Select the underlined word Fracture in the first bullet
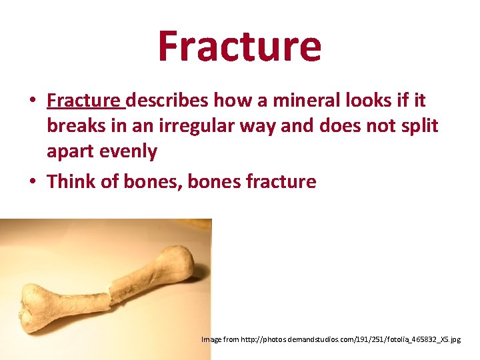[85, 101]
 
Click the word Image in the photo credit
[211, 340]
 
